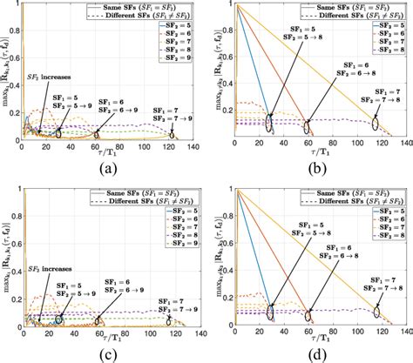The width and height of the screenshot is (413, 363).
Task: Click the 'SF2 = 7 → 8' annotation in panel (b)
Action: coord(369,94)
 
